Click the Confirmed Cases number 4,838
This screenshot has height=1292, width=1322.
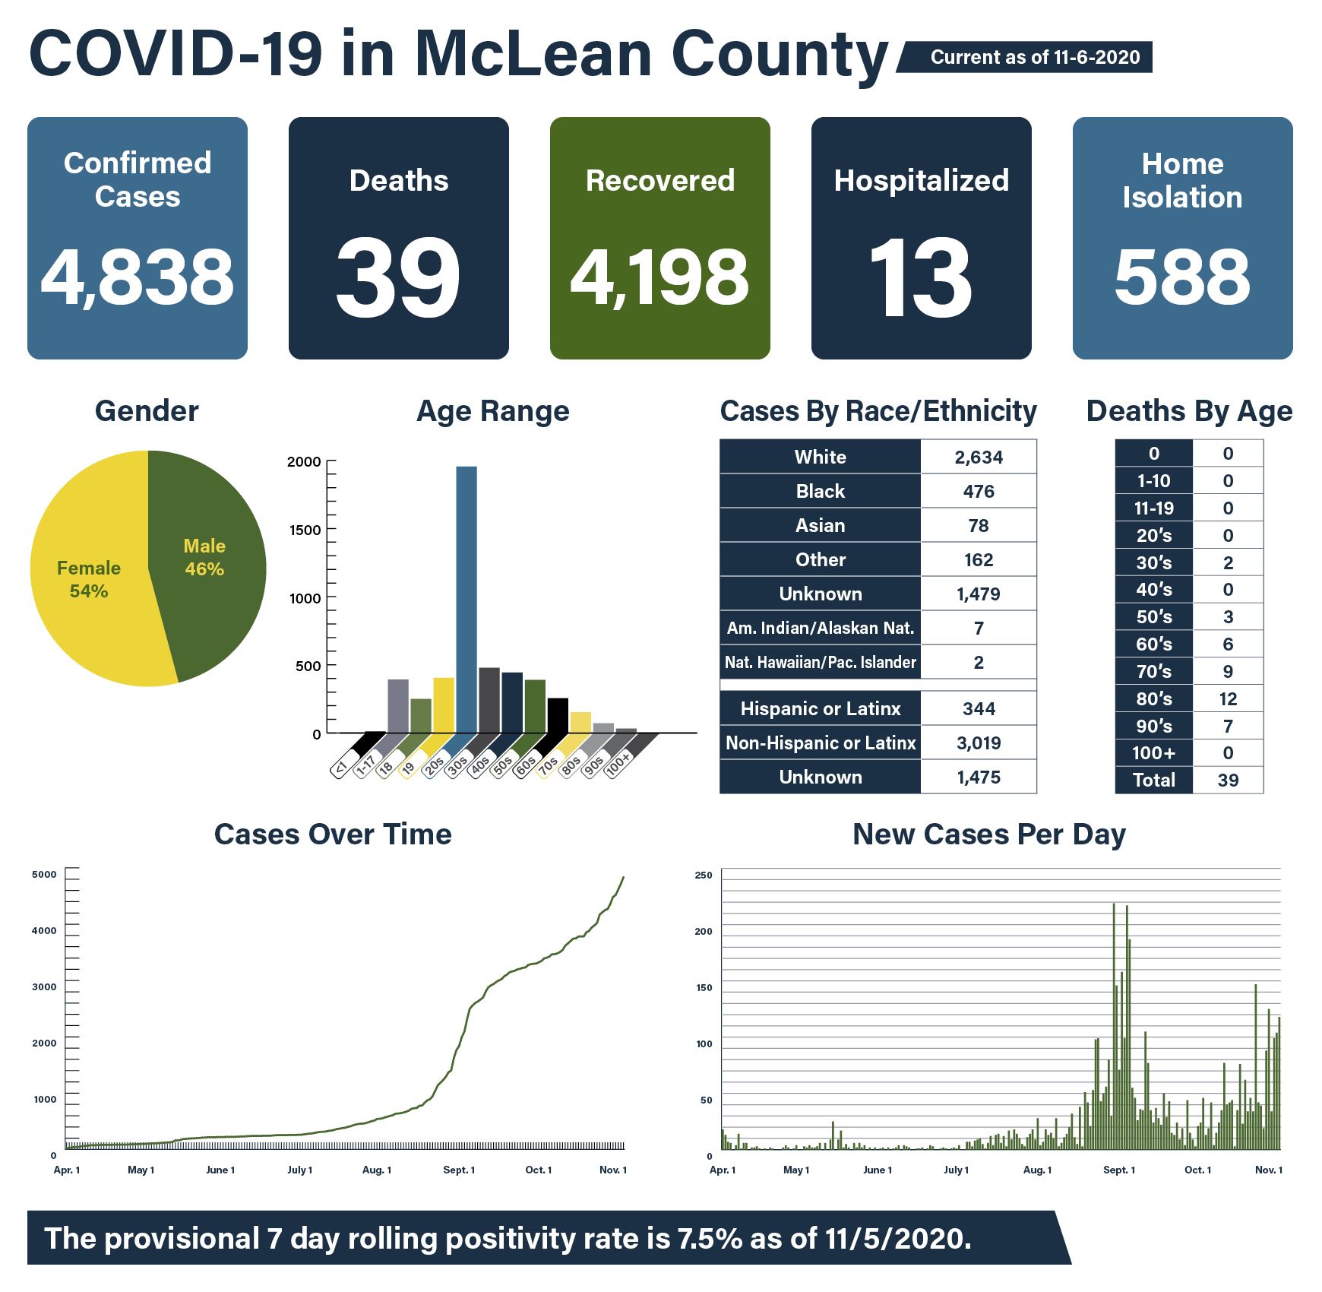click(138, 277)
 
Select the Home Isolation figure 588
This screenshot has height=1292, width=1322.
click(1182, 277)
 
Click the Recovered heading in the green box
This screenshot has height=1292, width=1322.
click(659, 181)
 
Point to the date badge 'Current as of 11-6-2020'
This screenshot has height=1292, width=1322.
click(1034, 58)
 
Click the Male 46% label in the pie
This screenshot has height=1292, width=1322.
click(204, 557)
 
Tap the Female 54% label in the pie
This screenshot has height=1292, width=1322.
click(89, 579)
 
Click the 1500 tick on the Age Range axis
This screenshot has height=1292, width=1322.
click(305, 530)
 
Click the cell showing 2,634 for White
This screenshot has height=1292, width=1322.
click(978, 457)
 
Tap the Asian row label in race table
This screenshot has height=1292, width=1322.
click(820, 525)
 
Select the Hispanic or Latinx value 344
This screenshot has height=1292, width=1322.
click(978, 708)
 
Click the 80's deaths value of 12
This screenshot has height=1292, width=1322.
click(1228, 698)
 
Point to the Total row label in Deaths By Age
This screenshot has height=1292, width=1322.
click(1153, 780)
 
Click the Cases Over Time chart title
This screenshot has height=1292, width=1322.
click(333, 834)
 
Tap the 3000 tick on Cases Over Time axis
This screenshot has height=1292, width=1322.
click(44, 986)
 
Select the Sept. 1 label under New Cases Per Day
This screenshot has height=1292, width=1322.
click(1118, 1170)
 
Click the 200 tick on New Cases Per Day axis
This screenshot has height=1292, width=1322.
click(704, 931)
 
